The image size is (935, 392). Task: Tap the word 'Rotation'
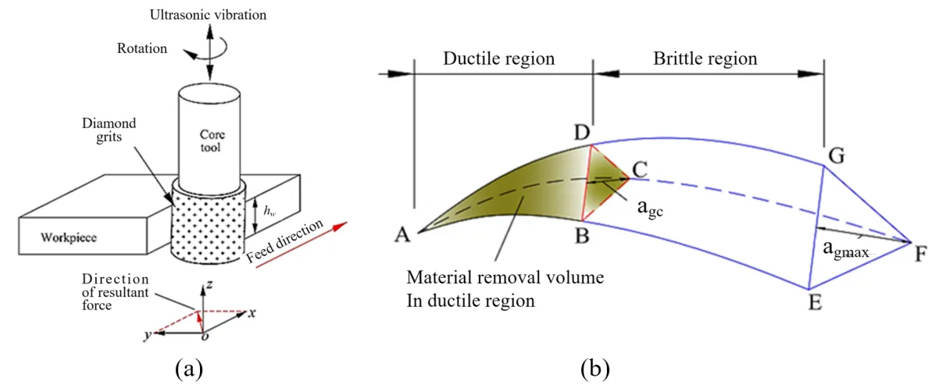click(143, 48)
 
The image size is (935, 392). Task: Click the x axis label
click(252, 312)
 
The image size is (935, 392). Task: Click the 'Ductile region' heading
click(498, 59)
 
